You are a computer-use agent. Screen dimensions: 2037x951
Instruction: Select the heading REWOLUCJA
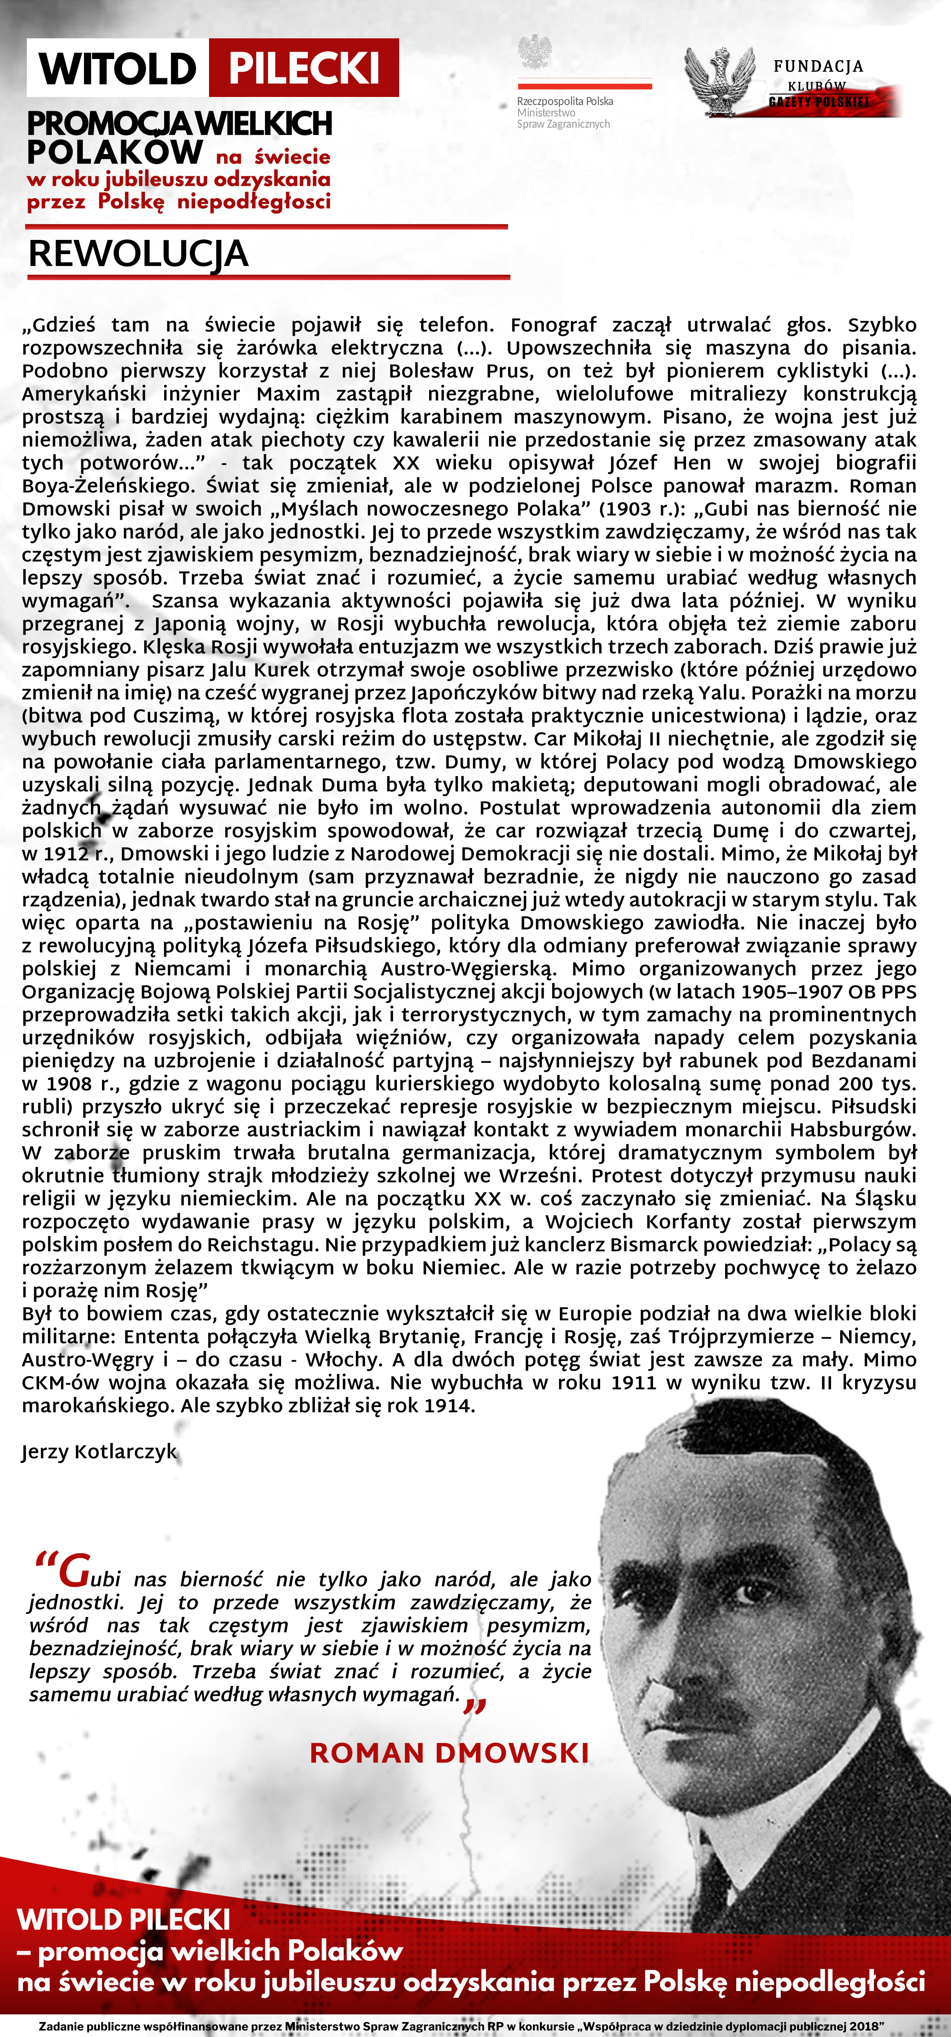pyautogui.click(x=138, y=254)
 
